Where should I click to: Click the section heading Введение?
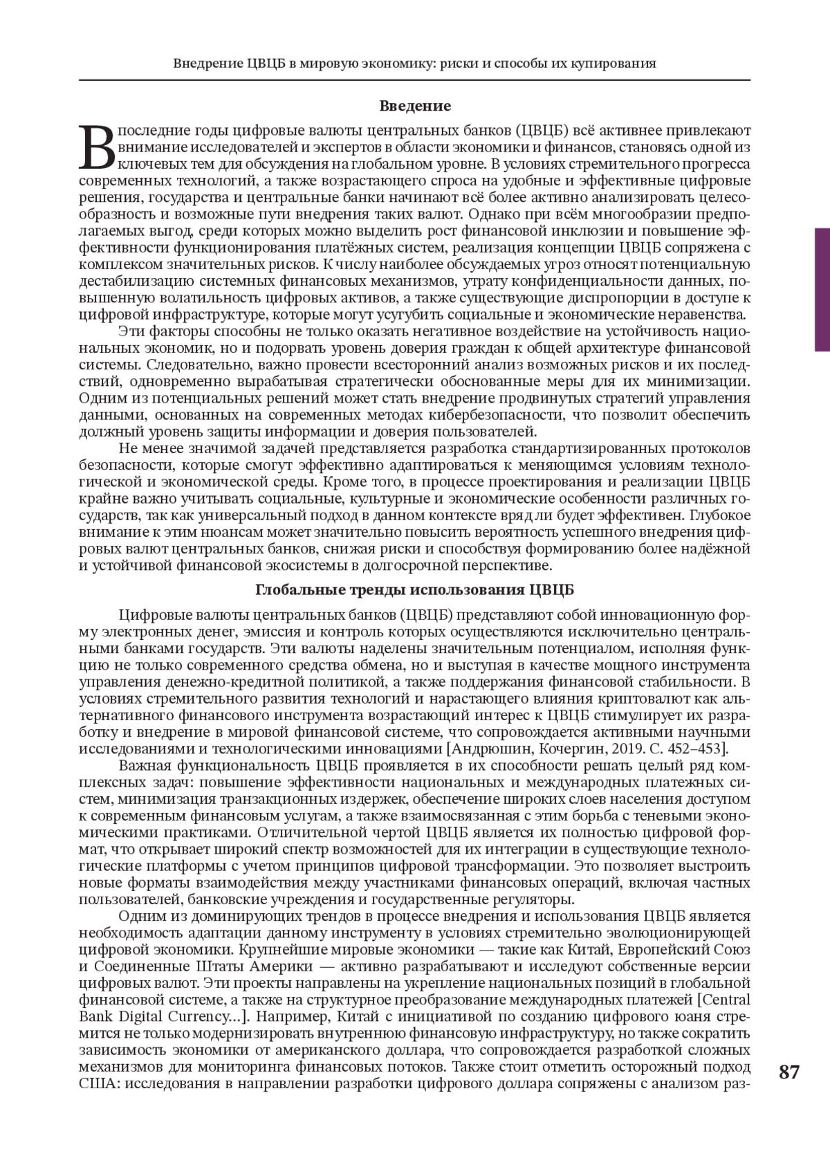[x=415, y=106]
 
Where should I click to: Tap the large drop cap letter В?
[x=97, y=147]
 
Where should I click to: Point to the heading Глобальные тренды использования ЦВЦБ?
[x=415, y=589]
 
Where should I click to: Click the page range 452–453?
[x=694, y=749]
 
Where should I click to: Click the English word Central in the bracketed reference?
[x=726, y=999]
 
